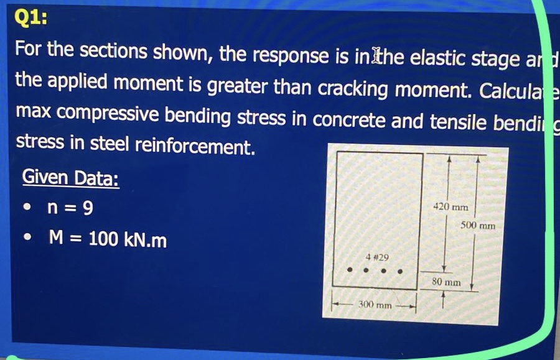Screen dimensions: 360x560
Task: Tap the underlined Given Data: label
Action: tap(70, 178)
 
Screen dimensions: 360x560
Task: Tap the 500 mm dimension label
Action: tap(478, 225)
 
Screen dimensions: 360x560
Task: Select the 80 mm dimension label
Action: tap(446, 282)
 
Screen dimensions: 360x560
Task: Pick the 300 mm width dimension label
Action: tap(375, 305)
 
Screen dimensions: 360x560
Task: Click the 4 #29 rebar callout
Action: tap(377, 257)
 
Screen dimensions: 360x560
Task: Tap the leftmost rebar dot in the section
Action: tap(350, 271)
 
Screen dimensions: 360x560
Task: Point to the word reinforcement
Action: tap(195, 147)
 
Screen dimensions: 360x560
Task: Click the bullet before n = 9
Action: tap(26, 208)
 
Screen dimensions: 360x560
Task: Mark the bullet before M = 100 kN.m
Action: tap(26, 239)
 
